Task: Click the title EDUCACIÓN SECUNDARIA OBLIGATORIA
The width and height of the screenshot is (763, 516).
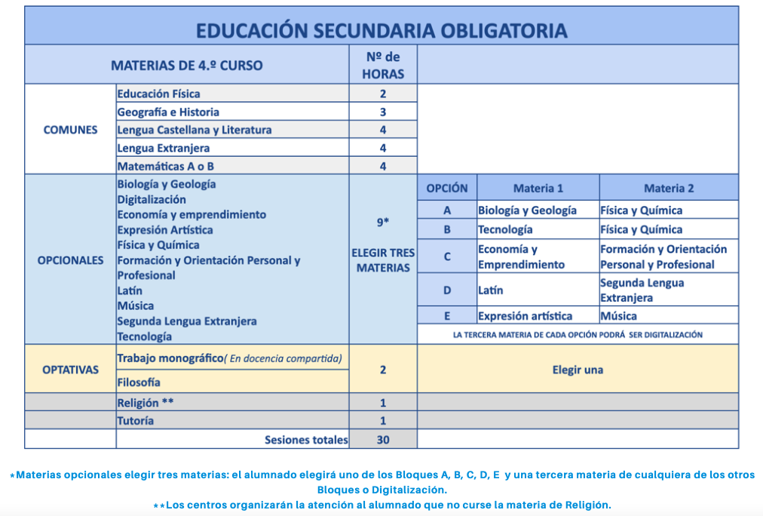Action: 381,30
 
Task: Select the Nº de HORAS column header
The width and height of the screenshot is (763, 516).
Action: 383,65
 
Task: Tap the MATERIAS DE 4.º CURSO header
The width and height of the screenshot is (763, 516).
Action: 187,65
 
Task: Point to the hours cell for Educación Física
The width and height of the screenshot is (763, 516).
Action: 383,94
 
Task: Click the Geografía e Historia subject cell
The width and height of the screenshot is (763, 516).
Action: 168,112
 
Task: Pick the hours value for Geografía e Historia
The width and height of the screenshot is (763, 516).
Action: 383,112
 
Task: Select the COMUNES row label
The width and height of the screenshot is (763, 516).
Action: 70,129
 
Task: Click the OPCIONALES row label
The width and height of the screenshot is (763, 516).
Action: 70,260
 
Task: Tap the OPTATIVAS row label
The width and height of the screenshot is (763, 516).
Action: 70,370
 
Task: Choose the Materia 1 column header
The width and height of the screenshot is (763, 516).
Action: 538,188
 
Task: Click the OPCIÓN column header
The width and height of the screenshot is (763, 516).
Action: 446,188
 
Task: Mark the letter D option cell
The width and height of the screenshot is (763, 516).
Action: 446,290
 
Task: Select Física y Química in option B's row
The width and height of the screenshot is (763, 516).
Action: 641,229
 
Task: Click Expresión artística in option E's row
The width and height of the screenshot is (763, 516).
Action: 525,316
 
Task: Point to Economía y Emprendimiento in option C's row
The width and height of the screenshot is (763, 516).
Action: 521,256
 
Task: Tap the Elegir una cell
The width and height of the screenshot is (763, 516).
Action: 577,370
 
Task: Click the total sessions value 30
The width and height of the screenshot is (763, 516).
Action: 383,439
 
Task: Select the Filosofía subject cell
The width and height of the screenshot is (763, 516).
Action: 139,382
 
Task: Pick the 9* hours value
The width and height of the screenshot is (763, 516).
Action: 383,223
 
